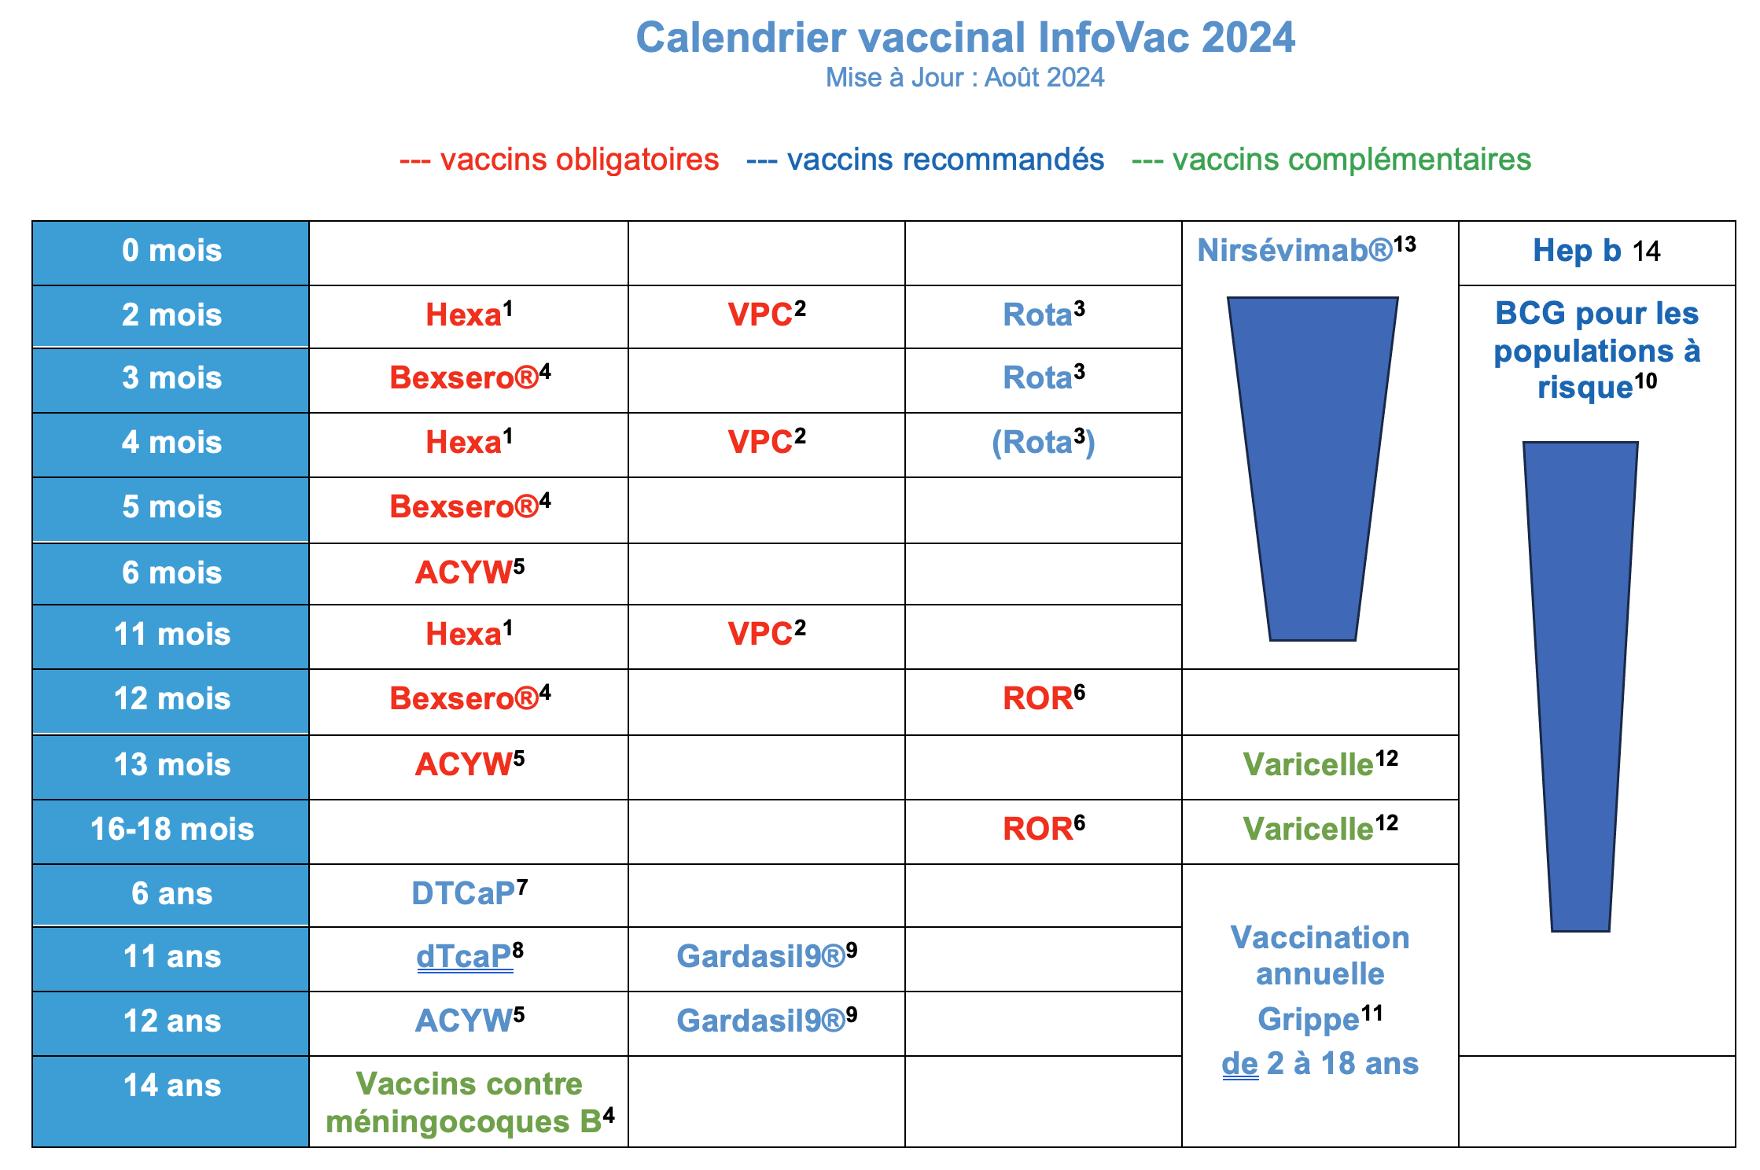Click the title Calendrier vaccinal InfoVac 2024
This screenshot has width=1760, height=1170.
(x=965, y=38)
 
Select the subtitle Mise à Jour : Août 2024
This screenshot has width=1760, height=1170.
(x=965, y=78)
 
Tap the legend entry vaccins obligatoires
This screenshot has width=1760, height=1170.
(x=559, y=160)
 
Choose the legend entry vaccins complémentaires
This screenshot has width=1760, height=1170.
(x=1331, y=160)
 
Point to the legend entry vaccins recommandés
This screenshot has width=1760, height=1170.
(x=926, y=160)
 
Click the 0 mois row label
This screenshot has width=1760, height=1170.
(x=171, y=252)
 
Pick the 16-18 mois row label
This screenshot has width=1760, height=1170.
(x=171, y=830)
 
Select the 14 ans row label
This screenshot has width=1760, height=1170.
(x=171, y=1086)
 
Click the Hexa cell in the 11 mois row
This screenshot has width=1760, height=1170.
(x=469, y=634)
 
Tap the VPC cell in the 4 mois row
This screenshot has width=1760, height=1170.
(x=767, y=442)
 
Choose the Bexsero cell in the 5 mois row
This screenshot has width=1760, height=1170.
(x=469, y=507)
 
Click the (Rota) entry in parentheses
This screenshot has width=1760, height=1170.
(x=1043, y=442)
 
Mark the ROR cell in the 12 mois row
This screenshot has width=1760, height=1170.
(x=1043, y=698)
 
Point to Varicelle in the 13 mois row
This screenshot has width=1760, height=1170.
(x=1320, y=764)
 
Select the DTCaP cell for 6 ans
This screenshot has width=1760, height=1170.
(x=469, y=893)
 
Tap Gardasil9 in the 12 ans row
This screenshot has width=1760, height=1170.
(x=767, y=1021)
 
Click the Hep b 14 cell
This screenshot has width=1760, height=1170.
(x=1596, y=252)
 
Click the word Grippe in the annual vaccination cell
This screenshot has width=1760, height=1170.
(x=1309, y=1020)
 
